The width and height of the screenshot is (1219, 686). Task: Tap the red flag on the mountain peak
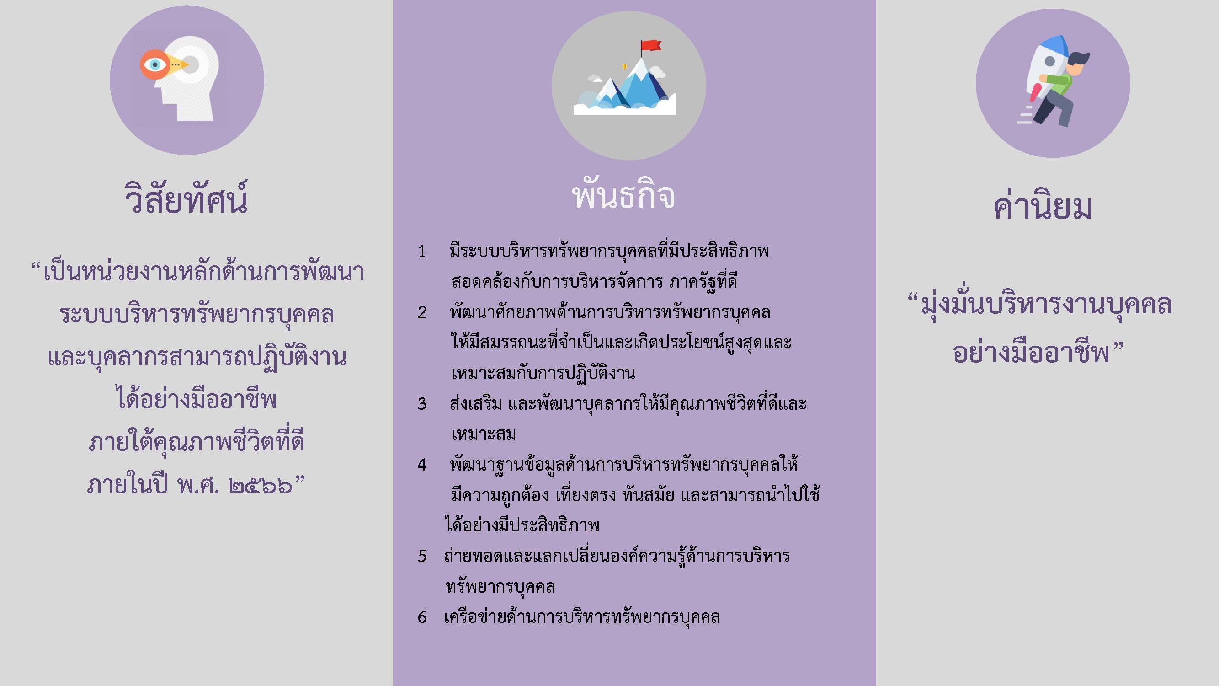[x=651, y=45]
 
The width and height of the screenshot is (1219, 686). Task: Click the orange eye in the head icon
[x=155, y=64]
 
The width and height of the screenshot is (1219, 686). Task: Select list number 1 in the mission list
[x=421, y=251]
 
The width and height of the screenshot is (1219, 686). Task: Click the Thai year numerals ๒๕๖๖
[x=261, y=486]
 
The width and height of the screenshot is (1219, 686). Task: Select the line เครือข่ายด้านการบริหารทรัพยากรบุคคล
[x=582, y=616]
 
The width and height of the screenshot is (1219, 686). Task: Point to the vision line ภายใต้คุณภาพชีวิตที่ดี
[x=197, y=441]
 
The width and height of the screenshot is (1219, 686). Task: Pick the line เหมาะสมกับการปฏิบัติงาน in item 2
[x=543, y=373]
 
